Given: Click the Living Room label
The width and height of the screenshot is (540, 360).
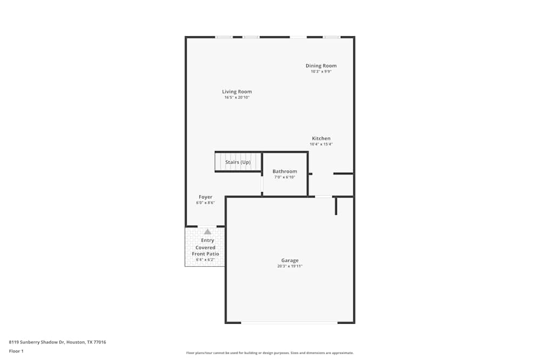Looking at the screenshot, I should [x=237, y=92].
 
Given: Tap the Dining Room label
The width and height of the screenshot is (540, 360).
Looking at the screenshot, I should [x=321, y=66].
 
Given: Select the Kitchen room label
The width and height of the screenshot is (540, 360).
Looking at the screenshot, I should [x=321, y=139].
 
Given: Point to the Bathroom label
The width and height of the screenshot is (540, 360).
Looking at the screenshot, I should [x=285, y=172].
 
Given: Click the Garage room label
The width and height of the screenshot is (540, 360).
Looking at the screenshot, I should [x=289, y=261].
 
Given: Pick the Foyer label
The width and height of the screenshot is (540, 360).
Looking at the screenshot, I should [x=205, y=197].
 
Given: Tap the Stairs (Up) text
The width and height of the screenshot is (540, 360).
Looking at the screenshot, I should [x=238, y=162].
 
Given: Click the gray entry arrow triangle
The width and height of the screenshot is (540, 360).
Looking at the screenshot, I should [x=207, y=232].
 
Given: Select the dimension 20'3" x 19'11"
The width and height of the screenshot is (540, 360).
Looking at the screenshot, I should [x=289, y=267].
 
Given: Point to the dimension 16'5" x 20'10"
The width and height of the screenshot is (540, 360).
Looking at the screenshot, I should [x=237, y=98].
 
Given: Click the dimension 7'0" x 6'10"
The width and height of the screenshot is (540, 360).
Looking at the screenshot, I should [x=285, y=178].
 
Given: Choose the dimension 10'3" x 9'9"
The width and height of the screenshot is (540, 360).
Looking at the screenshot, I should [x=321, y=72].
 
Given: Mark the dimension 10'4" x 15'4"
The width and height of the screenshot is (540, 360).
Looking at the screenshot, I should [x=321, y=145].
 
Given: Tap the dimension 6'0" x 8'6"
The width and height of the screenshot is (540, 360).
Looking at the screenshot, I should [x=205, y=203].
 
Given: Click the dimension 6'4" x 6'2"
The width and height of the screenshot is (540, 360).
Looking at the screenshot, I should [x=205, y=260].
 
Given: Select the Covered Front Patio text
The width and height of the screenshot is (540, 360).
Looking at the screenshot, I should [x=206, y=250].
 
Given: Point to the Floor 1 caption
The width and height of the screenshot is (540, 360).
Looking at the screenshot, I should [x=16, y=351].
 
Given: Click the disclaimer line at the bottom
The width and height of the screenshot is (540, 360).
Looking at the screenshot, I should [x=270, y=353].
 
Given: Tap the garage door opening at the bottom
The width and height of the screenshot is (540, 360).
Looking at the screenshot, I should [x=289, y=323].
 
